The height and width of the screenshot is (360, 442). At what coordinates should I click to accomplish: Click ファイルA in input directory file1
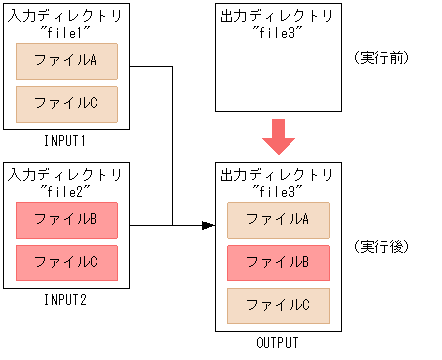click(67, 61)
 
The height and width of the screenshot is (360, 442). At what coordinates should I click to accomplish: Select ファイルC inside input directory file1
click(67, 103)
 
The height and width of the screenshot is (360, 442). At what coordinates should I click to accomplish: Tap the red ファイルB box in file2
click(67, 219)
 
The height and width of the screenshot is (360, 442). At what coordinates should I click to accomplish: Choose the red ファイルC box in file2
click(67, 262)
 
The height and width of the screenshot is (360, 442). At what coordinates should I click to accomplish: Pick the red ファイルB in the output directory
click(277, 264)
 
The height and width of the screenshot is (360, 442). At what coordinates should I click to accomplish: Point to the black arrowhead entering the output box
click(208, 225)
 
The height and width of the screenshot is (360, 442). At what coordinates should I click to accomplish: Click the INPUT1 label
click(67, 139)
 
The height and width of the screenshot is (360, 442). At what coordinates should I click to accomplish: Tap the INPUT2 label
click(67, 299)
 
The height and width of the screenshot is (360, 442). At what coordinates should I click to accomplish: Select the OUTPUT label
click(277, 343)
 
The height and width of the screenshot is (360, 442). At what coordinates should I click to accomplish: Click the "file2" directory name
click(67, 189)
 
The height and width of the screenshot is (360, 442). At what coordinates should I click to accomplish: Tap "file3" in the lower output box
click(277, 190)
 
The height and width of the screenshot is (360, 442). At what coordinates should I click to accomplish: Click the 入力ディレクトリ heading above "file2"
click(67, 174)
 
